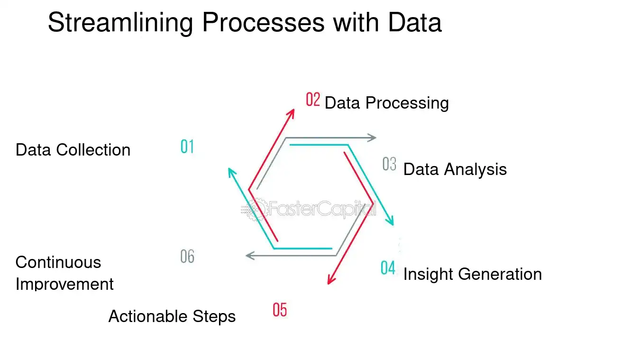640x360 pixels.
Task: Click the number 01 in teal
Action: [187, 147]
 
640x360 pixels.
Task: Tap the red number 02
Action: [313, 100]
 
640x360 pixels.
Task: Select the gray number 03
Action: [389, 164]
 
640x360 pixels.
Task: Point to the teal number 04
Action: [388, 268]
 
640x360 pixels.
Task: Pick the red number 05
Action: [280, 310]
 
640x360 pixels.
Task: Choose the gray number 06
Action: [187, 257]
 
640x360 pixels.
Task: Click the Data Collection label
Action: [73, 150]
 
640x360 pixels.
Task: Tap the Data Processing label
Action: [386, 103]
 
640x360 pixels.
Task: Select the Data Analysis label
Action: [455, 169]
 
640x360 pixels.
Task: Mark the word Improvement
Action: [64, 284]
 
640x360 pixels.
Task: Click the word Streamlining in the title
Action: [121, 22]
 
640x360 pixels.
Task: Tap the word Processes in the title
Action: [264, 22]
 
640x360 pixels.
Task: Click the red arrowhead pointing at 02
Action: [292, 112]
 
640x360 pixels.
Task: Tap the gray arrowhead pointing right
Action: [373, 138]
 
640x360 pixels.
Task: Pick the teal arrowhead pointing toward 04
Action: [391, 221]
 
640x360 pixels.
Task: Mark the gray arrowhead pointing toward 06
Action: [249, 256]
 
